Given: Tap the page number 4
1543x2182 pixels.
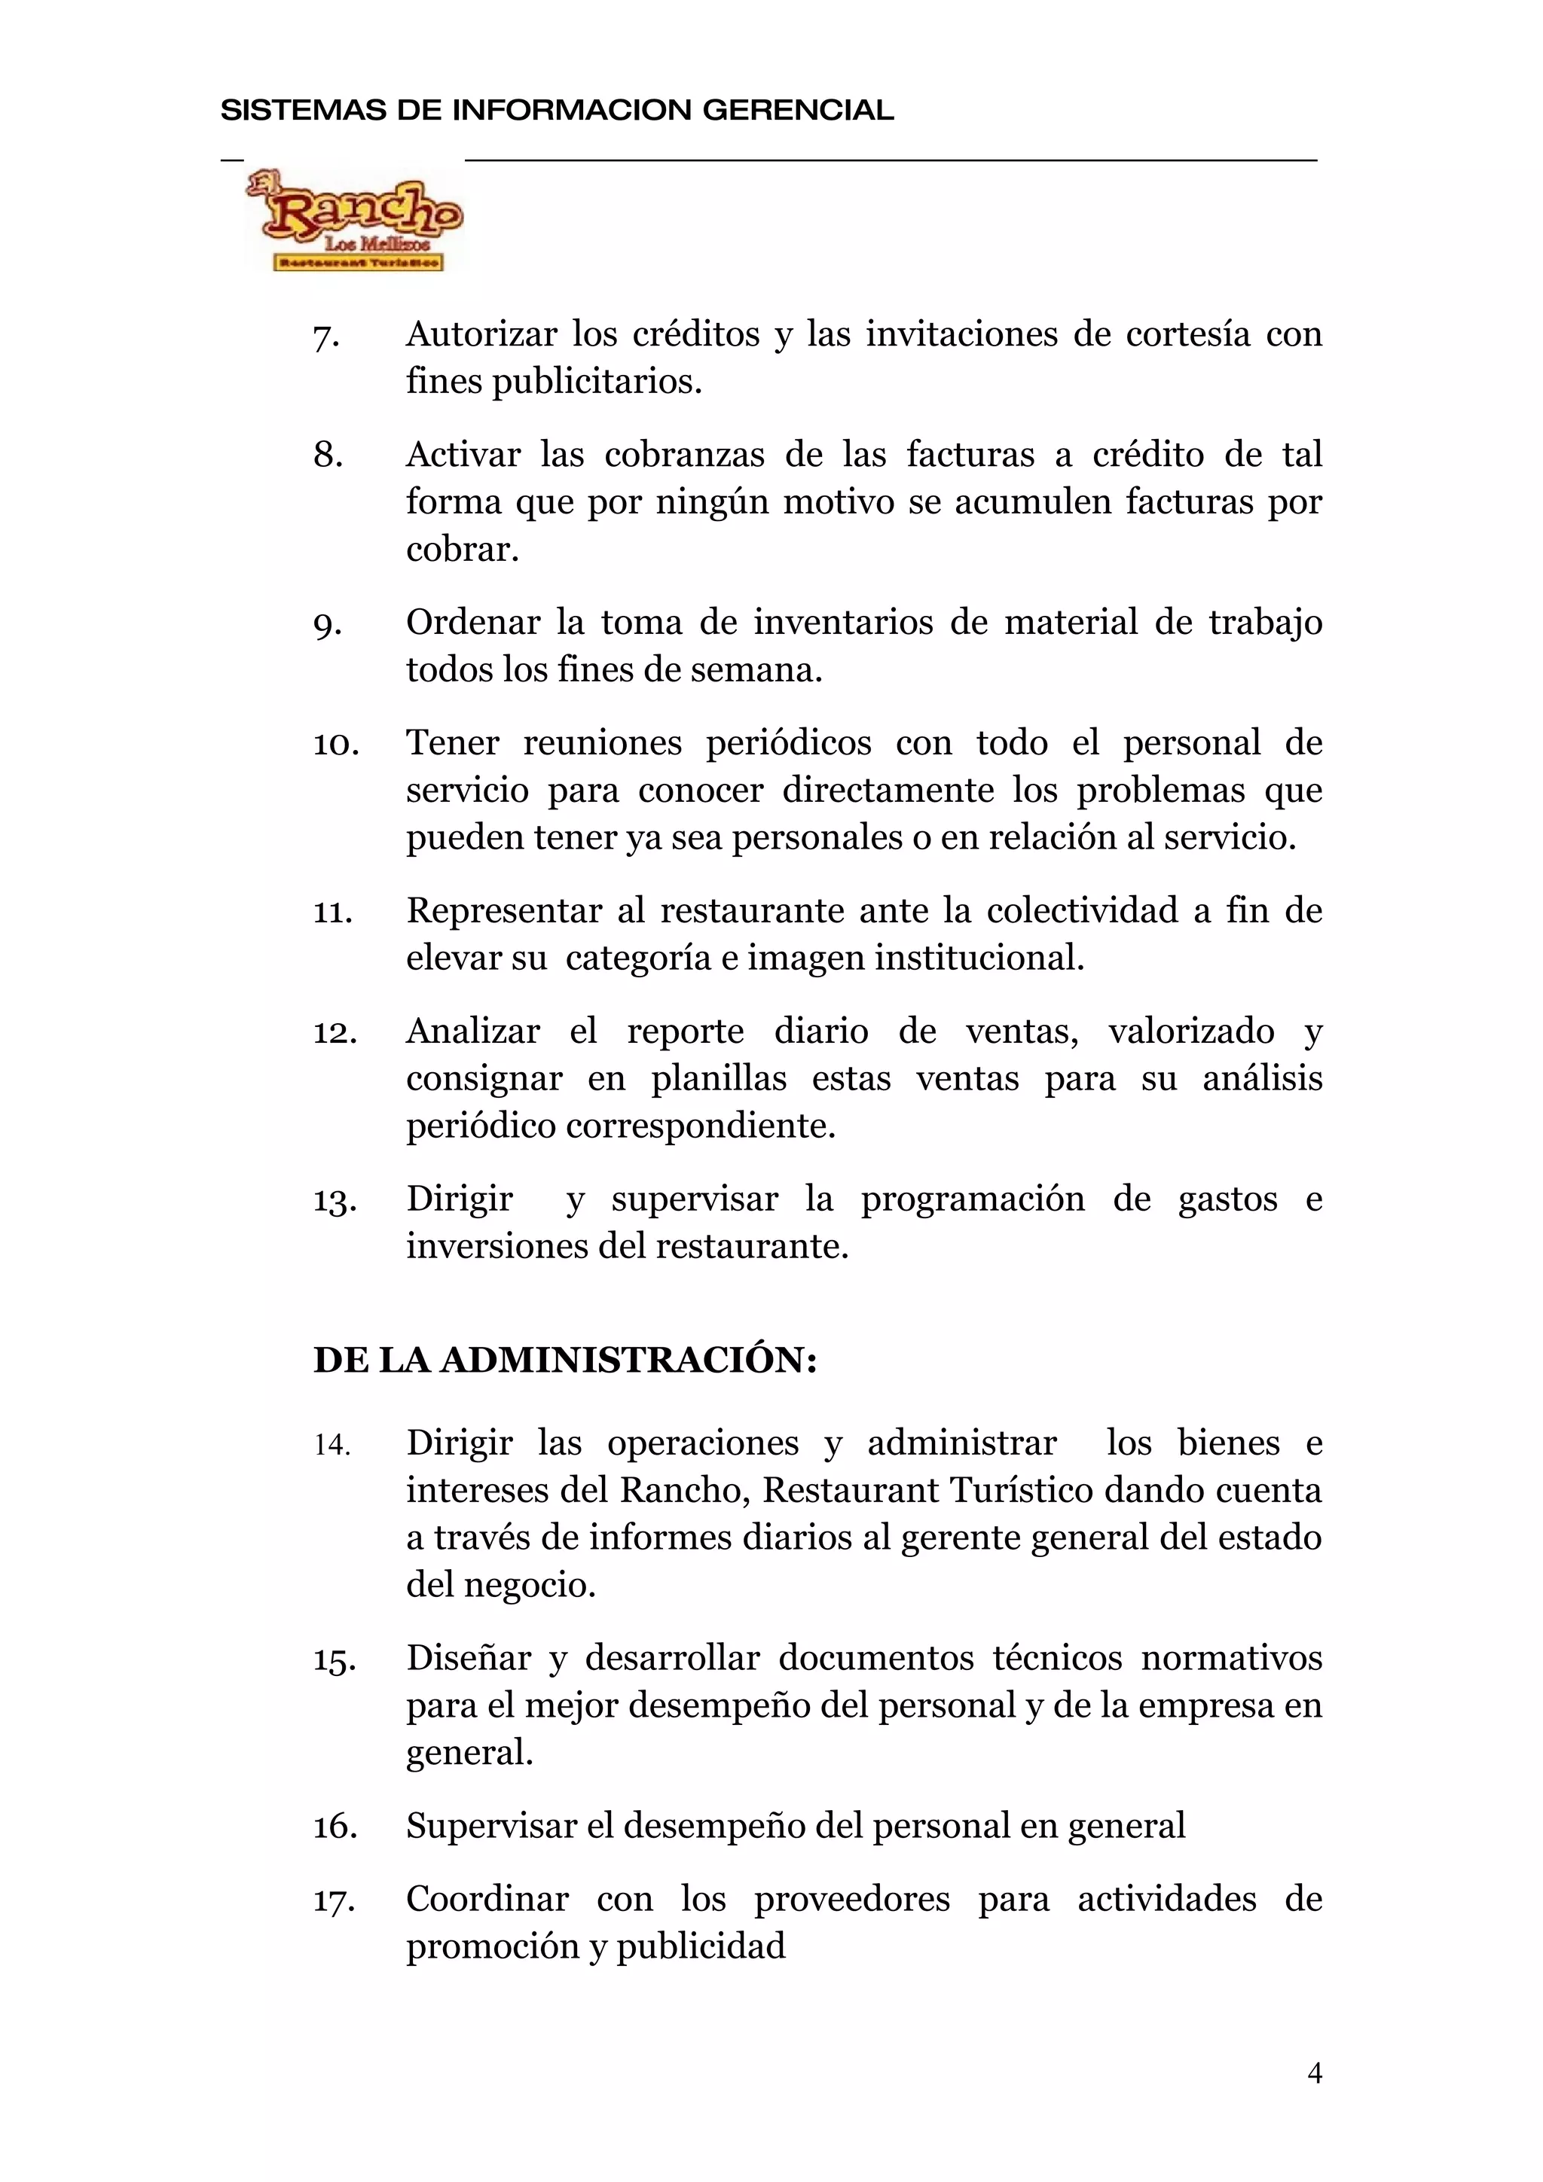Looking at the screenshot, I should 1315,2073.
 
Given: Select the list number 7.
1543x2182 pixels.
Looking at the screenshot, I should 325,337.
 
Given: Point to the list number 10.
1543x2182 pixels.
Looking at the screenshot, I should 335,744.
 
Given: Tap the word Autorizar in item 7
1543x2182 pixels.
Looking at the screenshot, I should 482,334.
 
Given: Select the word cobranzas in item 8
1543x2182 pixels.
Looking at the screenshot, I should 685,456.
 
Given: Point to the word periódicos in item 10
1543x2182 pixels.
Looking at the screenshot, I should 788,743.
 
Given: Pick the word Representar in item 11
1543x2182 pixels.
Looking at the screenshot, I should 504,910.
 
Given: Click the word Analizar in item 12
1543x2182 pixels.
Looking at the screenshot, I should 473,1031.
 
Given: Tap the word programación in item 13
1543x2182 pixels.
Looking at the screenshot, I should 973,1199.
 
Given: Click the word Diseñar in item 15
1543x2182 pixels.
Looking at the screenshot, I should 469,1659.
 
